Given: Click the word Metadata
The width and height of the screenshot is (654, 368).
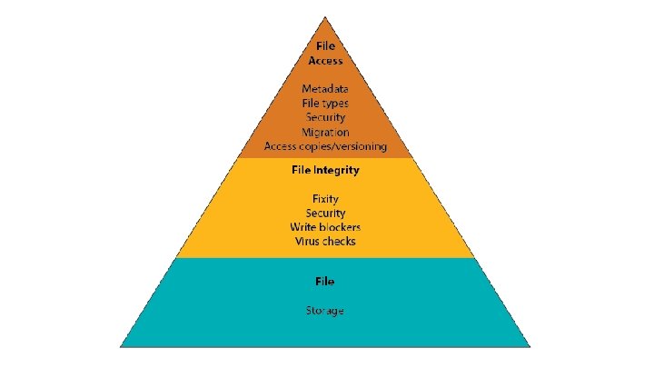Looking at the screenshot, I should click(325, 88).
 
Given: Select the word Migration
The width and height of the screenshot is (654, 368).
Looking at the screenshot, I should click(325, 132).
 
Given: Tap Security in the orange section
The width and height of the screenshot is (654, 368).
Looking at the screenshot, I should click(325, 117).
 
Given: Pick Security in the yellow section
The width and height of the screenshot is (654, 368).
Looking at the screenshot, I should click(325, 212).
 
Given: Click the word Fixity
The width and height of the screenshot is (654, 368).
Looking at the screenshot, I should click(325, 197).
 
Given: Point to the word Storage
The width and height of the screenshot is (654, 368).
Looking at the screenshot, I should click(324, 311).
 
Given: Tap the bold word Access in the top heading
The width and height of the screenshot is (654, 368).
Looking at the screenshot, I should click(325, 61).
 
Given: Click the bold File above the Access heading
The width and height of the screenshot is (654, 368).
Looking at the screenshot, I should click(325, 45).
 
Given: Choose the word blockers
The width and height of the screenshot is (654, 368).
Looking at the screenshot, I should click(339, 226).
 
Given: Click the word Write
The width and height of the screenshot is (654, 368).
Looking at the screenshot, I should click(302, 226).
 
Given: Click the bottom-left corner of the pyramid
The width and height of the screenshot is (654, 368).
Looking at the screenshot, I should click(122, 345).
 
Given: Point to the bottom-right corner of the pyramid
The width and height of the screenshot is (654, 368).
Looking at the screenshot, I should click(530, 345).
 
